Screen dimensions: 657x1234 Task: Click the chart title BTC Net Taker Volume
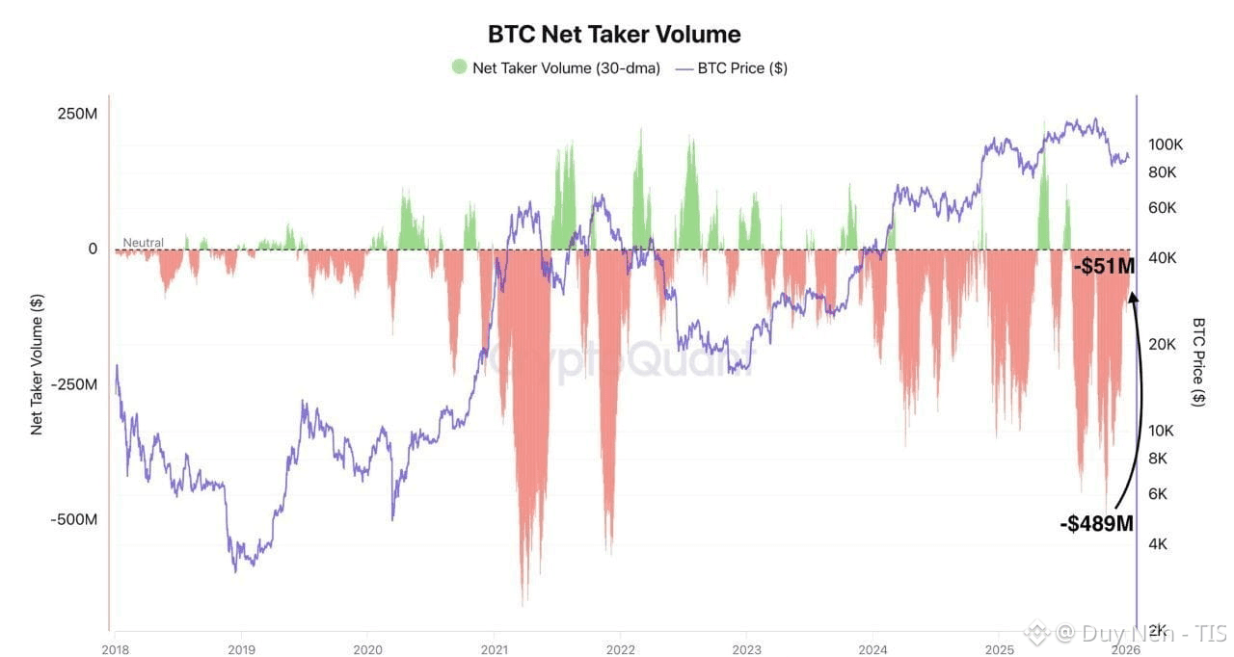[x=614, y=34]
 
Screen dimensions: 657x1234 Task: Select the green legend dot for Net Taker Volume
[x=459, y=67]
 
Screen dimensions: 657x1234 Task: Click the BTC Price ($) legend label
[x=741, y=68]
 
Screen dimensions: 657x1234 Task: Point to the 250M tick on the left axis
[x=77, y=114]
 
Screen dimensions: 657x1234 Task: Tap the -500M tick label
[x=74, y=519]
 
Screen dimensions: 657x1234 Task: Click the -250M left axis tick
[x=74, y=384]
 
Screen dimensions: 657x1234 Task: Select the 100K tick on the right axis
[x=1165, y=145]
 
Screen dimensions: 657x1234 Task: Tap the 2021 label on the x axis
[x=494, y=649]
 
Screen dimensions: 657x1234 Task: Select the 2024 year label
[x=872, y=649]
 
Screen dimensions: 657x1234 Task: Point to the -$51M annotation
[x=1104, y=267]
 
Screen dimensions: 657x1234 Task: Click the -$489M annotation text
[x=1096, y=524]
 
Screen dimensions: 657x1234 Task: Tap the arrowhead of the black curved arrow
[x=1134, y=295]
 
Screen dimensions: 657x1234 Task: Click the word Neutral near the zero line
[x=143, y=243]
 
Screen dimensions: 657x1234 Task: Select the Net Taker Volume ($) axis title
[x=37, y=365]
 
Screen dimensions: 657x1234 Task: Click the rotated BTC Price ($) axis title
[x=1198, y=361]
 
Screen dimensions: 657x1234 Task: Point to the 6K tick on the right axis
[x=1157, y=493]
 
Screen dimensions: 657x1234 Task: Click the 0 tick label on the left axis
[x=94, y=249]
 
